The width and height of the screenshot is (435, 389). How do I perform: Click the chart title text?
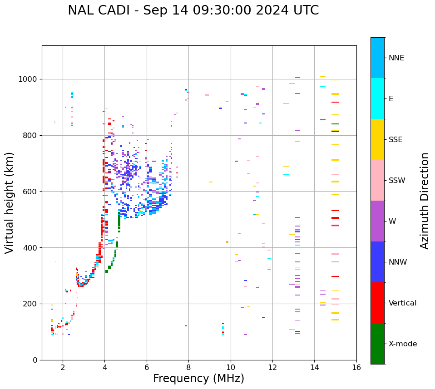pyautogui.click(x=193, y=10)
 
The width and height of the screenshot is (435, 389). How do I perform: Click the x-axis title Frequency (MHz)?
pyautogui.click(x=198, y=379)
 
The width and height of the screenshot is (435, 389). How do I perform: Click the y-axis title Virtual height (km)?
pyautogui.click(x=10, y=202)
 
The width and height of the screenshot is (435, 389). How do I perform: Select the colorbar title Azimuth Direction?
pyautogui.click(x=425, y=201)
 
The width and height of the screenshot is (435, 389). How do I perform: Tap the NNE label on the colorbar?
pyautogui.click(x=396, y=58)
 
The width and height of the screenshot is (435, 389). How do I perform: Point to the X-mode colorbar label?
pyautogui.click(x=403, y=344)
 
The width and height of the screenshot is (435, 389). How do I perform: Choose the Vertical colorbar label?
pyautogui.click(x=403, y=303)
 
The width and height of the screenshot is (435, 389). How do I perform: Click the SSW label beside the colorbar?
pyautogui.click(x=397, y=181)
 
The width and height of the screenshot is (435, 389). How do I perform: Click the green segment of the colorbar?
pyautogui.click(x=377, y=344)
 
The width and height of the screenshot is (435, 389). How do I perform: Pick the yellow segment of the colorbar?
pyautogui.click(x=377, y=139)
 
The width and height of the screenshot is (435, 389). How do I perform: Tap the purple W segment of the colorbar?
pyautogui.click(x=377, y=221)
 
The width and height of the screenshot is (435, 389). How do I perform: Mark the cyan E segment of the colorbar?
pyautogui.click(x=377, y=98)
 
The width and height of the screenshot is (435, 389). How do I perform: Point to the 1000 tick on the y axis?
pyautogui.click(x=28, y=79)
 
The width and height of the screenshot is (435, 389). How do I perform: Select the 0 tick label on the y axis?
pyautogui.click(x=35, y=360)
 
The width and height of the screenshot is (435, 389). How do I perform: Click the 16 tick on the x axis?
pyautogui.click(x=356, y=367)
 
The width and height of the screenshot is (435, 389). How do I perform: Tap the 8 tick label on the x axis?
pyautogui.click(x=188, y=367)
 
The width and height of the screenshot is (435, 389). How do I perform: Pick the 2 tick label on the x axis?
pyautogui.click(x=63, y=367)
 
